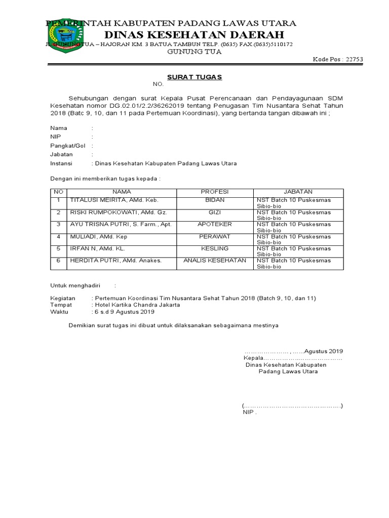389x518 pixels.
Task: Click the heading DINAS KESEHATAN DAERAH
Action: tap(194, 34)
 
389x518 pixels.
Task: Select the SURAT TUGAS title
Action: tap(195, 77)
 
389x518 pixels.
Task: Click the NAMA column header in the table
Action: tap(122, 192)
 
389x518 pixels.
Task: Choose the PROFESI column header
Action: tap(215, 192)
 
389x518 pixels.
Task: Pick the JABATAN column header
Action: tap(298, 192)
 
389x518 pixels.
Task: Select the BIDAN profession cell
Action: tap(215, 200)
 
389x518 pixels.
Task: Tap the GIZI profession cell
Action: tap(215, 212)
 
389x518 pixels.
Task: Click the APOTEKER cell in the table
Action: tap(215, 225)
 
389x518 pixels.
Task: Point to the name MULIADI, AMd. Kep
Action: tap(99, 237)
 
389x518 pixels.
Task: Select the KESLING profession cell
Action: tap(215, 249)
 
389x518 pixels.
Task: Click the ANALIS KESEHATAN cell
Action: tap(215, 261)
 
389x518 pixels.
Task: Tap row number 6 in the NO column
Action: tap(58, 261)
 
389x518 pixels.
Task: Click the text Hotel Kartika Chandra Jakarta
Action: tap(137, 305)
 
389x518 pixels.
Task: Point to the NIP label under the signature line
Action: tap(249, 412)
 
